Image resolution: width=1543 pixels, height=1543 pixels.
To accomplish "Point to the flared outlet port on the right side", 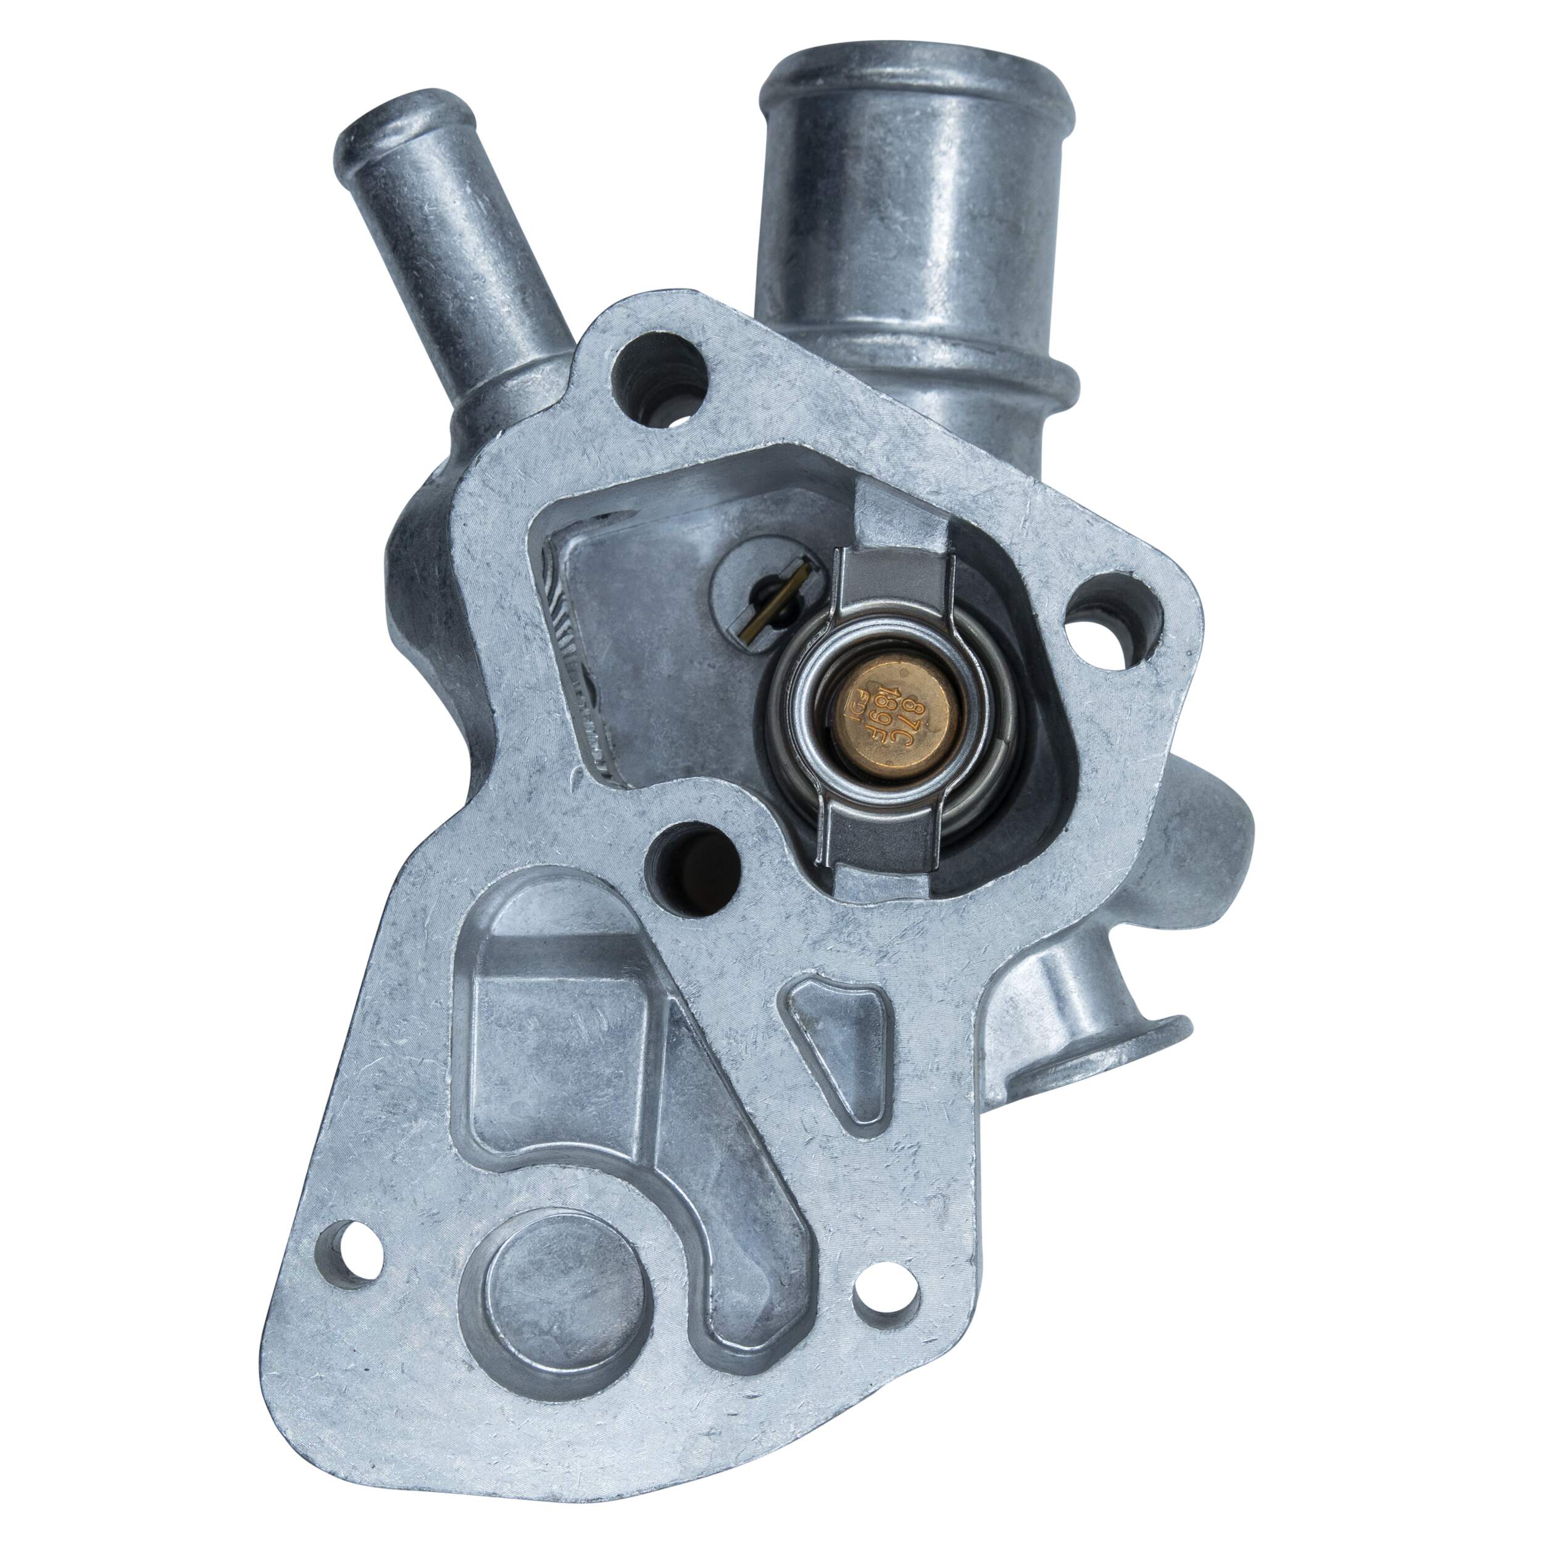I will tap(1110, 1046).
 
